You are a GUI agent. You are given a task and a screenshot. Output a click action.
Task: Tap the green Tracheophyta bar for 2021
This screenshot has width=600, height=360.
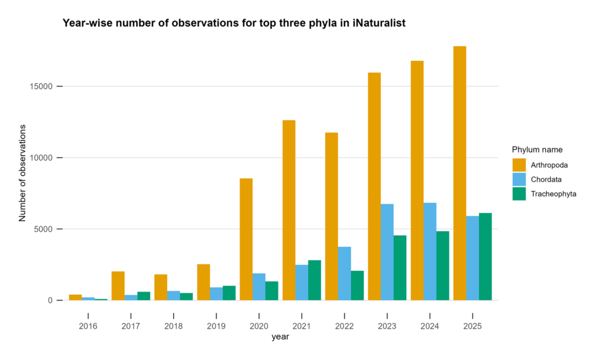[315, 280]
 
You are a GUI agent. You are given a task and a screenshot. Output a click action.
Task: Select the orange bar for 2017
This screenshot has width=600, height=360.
[118, 286]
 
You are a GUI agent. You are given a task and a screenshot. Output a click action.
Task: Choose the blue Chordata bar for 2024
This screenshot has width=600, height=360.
[429, 252]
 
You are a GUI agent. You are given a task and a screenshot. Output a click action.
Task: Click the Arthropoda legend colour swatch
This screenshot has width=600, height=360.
[519, 164]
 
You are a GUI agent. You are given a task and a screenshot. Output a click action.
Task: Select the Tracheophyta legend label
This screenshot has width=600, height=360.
[554, 194]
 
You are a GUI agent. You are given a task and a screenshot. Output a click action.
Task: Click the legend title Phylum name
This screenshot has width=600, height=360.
[537, 150]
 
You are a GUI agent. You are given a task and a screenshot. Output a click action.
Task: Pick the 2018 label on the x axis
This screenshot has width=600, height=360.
[173, 326]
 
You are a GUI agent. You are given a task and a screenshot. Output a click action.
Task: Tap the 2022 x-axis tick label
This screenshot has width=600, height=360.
[345, 326]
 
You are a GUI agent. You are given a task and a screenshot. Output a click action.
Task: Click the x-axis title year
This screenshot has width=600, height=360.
[280, 337]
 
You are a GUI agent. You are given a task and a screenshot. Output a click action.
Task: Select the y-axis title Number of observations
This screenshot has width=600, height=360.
[23, 172]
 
